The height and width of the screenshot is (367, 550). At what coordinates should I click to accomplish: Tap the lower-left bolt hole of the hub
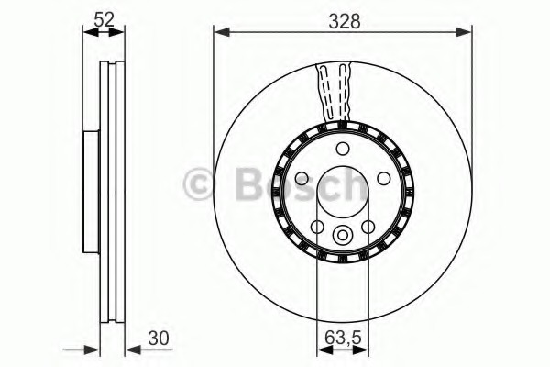(317, 227)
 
